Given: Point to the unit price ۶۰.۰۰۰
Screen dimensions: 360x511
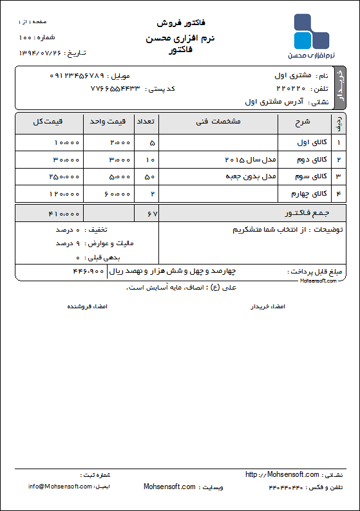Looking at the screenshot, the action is pyautogui.click(x=117, y=193).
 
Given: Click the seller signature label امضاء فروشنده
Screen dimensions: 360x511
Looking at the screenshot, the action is pyautogui.click(x=88, y=307).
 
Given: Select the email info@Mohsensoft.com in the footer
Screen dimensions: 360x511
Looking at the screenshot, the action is pyautogui.click(x=60, y=487).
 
